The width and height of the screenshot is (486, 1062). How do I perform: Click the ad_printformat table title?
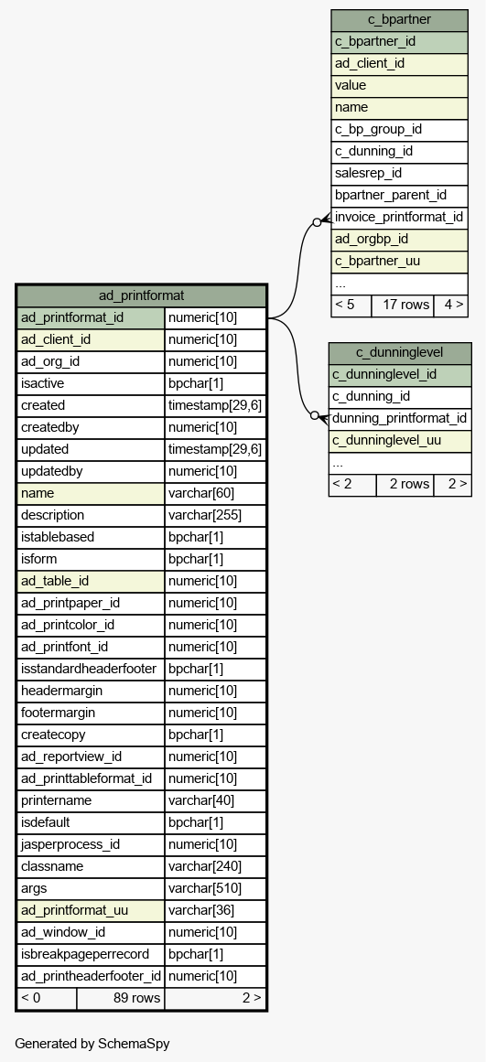[x=141, y=295]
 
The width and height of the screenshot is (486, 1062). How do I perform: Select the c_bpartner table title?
[x=399, y=19]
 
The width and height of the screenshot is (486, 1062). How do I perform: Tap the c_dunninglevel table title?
[x=399, y=352]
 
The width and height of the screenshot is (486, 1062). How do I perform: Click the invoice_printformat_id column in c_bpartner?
[x=399, y=218]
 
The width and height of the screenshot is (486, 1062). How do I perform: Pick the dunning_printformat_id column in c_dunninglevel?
[x=399, y=419]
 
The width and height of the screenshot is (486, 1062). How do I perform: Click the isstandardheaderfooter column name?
[x=90, y=670]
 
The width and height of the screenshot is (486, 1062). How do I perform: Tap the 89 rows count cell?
[x=120, y=998]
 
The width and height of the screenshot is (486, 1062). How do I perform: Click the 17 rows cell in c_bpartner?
[x=403, y=306]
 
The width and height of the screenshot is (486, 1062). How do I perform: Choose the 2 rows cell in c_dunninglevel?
[x=405, y=485]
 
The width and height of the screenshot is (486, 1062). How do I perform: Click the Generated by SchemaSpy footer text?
[x=92, y=1044]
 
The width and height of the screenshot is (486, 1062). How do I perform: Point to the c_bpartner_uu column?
[x=399, y=262]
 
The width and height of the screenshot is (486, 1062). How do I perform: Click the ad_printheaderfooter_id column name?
[x=90, y=976]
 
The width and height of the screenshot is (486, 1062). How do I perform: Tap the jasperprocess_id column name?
[x=90, y=844]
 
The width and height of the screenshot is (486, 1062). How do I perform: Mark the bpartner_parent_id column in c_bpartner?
[x=399, y=196]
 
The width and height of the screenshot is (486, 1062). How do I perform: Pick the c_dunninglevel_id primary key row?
[x=399, y=374]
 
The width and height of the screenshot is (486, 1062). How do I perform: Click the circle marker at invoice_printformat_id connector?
[x=317, y=222]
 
